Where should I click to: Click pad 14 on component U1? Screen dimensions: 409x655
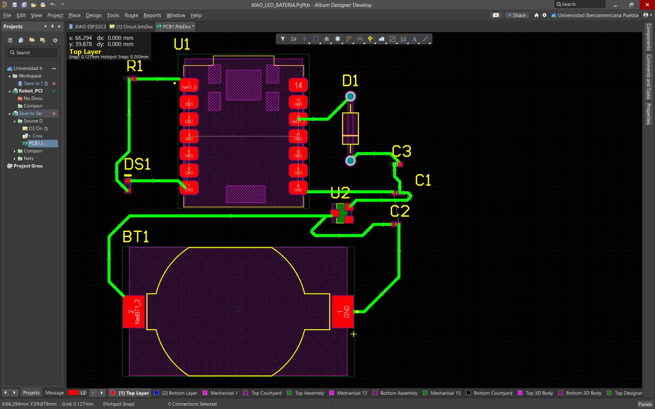click(298, 85)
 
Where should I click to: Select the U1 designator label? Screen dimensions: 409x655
click(182, 44)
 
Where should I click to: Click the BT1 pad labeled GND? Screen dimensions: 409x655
click(343, 311)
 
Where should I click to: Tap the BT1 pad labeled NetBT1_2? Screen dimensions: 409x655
click(133, 311)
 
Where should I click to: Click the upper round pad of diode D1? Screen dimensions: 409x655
click(350, 97)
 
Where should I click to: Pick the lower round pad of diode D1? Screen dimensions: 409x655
click(350, 160)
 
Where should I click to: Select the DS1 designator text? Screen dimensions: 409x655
click(137, 164)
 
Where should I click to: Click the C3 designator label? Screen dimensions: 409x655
click(401, 151)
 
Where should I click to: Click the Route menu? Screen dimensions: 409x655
click(131, 15)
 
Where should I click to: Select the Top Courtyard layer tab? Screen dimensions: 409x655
click(266, 393)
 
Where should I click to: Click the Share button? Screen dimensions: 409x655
click(516, 15)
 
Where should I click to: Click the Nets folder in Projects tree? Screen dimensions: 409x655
click(29, 158)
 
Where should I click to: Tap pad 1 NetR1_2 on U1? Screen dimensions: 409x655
click(189, 85)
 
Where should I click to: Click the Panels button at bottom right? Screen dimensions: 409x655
click(645, 404)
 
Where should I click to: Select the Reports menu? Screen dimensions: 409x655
click(152, 15)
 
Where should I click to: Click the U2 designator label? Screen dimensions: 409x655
click(340, 193)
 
